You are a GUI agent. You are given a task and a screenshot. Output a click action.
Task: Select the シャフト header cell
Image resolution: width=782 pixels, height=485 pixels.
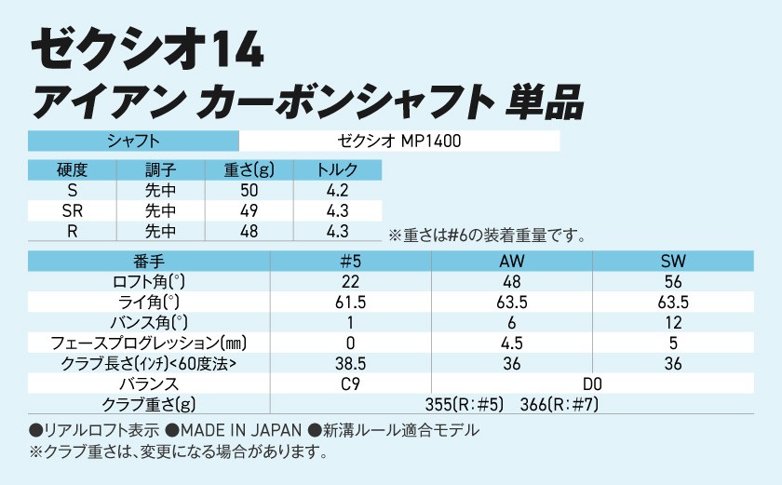(x=133, y=141)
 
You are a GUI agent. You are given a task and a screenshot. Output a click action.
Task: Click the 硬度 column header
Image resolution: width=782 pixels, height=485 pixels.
(x=72, y=170)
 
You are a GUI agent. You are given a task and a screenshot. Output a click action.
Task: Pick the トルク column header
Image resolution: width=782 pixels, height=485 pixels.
(x=338, y=170)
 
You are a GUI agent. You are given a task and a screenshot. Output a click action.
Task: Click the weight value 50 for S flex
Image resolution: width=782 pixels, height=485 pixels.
(x=249, y=191)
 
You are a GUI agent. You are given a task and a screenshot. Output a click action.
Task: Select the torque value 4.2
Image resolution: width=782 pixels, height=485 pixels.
(x=338, y=191)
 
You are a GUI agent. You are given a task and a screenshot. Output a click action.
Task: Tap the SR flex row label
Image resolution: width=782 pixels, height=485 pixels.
(x=72, y=211)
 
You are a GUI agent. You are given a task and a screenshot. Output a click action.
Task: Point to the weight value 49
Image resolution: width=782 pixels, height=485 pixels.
(x=249, y=211)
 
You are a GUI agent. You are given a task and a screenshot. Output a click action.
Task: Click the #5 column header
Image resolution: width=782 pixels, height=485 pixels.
(x=350, y=261)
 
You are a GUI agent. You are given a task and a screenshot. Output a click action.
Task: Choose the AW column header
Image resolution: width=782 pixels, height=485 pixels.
(x=512, y=261)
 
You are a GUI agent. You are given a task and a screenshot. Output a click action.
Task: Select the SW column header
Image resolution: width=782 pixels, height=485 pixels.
(x=673, y=261)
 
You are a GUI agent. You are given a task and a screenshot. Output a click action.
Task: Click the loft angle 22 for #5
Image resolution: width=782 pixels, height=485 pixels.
(x=350, y=281)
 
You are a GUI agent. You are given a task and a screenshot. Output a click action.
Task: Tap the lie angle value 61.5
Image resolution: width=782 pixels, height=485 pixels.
(x=350, y=302)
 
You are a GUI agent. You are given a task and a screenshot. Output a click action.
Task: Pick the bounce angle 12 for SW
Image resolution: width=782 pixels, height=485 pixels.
(x=673, y=322)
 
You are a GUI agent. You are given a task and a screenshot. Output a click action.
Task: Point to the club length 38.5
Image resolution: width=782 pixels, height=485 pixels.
(x=350, y=363)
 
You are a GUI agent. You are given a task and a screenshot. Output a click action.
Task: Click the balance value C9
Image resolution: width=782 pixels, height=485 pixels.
(x=350, y=384)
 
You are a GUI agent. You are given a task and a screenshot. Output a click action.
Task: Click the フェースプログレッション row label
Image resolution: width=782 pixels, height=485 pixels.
(x=149, y=343)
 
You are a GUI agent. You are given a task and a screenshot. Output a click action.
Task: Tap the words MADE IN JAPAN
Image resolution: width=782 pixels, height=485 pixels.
(x=239, y=430)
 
